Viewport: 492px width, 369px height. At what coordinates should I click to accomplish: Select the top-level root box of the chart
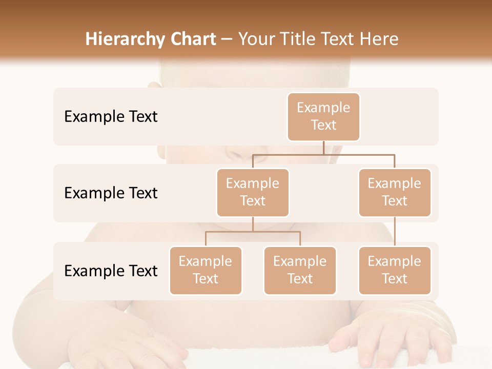[323, 117]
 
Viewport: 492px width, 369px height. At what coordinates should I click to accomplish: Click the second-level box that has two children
[253, 193]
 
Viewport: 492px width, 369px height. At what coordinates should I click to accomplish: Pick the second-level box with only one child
[395, 193]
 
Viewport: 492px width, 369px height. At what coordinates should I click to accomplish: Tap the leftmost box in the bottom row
[206, 271]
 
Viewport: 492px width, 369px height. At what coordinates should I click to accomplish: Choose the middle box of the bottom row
[300, 271]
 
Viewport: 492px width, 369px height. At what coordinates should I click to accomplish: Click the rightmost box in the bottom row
[395, 271]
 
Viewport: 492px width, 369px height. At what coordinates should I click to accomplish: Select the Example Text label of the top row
[111, 117]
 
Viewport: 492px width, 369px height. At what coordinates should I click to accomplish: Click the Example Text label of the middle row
[111, 193]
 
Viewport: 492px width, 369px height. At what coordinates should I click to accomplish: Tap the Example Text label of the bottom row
[111, 271]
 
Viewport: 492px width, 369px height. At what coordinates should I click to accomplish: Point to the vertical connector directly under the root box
[323, 148]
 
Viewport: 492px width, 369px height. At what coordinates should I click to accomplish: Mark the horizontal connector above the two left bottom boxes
[253, 232]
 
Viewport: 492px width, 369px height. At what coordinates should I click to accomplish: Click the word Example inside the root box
[323, 108]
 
